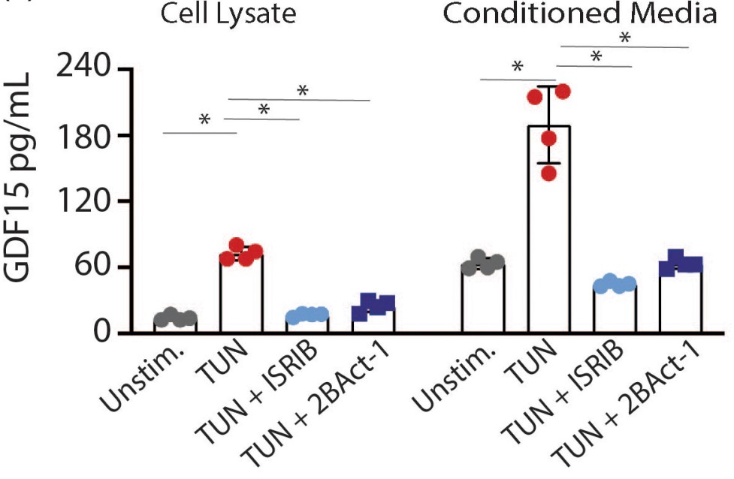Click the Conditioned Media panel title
click(579, 13)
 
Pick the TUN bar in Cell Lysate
click(241, 293)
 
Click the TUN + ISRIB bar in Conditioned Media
click(615, 309)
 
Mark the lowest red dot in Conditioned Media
click(549, 173)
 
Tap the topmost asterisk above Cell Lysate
click(303, 91)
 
